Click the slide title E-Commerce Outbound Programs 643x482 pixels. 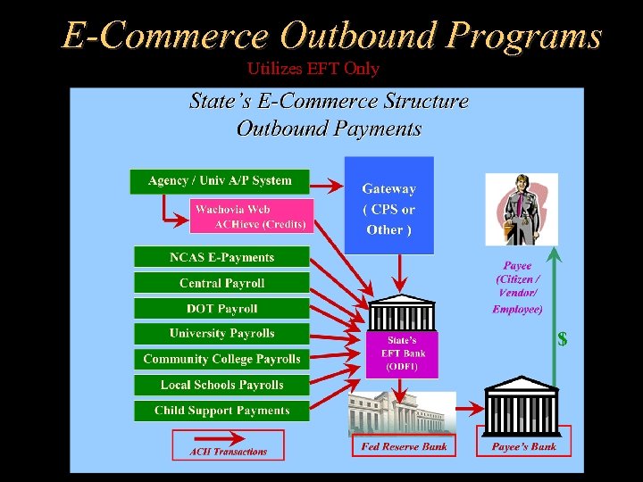pyautogui.click(x=331, y=36)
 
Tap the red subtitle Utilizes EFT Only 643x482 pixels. pyautogui.click(x=313, y=69)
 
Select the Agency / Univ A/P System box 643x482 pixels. pyautogui.click(x=220, y=181)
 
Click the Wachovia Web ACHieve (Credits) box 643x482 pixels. pyautogui.click(x=251, y=217)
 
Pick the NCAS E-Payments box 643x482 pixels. pyautogui.click(x=221, y=257)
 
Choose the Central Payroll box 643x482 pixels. pyautogui.click(x=221, y=283)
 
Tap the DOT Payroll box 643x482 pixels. pyautogui.click(x=221, y=309)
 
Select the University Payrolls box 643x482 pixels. pyautogui.click(x=221, y=334)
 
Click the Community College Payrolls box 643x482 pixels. pyautogui.click(x=221, y=359)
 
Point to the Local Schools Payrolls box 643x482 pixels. pyautogui.click(x=221, y=385)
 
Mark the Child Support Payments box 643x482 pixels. pyautogui.click(x=221, y=411)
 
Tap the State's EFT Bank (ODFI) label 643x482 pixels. pyautogui.click(x=402, y=353)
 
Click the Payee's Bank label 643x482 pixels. pyautogui.click(x=524, y=445)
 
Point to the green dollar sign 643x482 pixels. pyautogui.click(x=563, y=339)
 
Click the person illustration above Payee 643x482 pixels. pyautogui.click(x=521, y=211)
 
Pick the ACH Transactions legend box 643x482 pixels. pyautogui.click(x=228, y=445)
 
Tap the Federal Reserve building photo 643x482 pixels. pyautogui.click(x=402, y=413)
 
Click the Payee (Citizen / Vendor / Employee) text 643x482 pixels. pyautogui.click(x=517, y=287)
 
